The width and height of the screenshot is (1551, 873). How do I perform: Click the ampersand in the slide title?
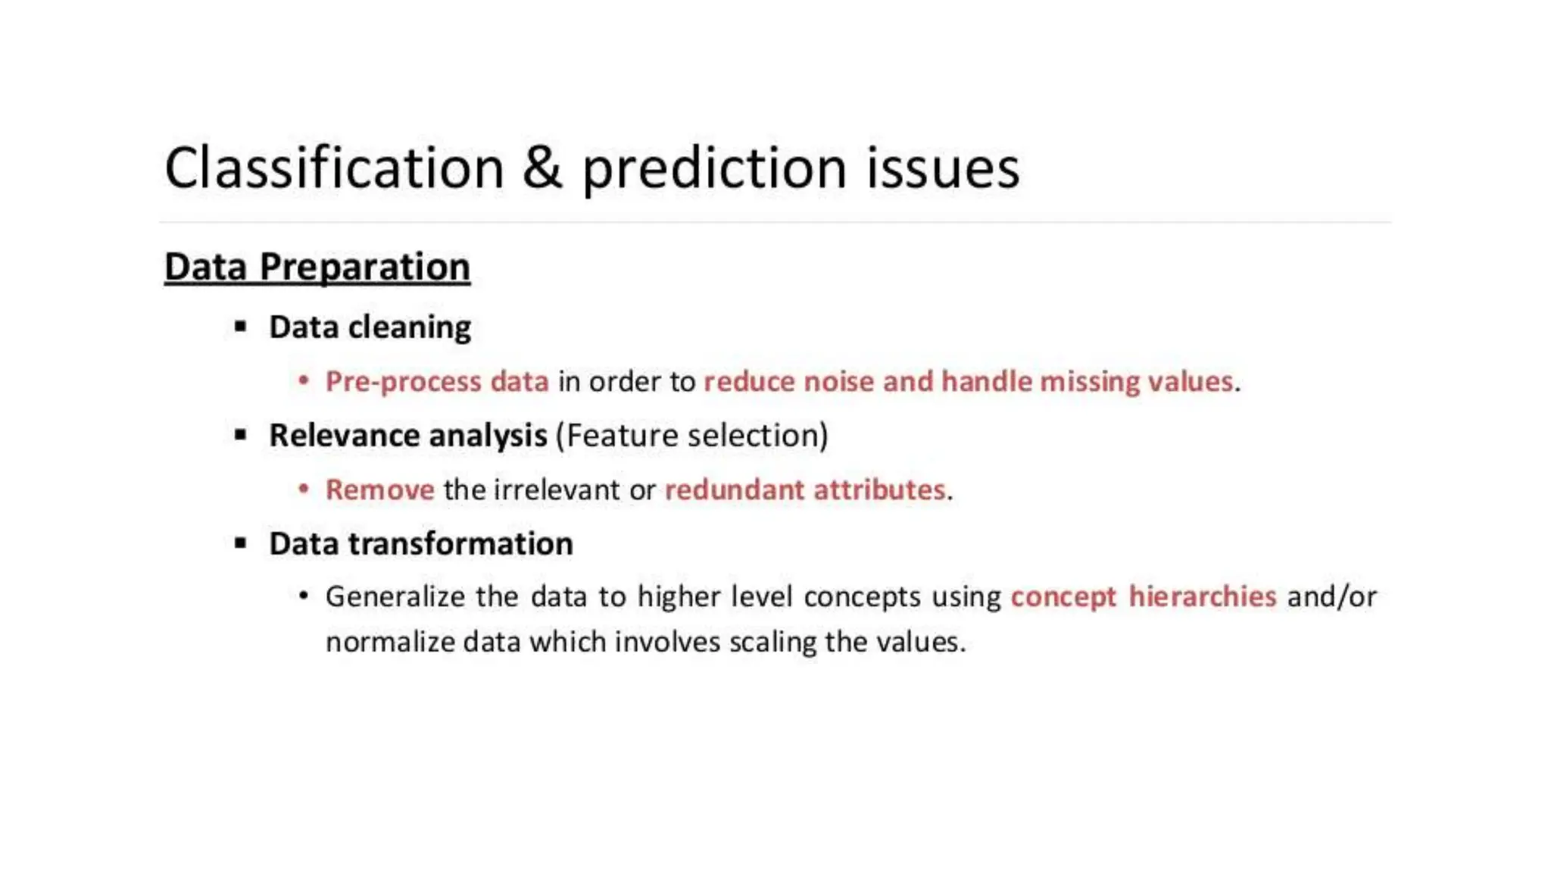[x=542, y=168]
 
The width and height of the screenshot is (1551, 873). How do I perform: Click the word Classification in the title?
[x=334, y=168]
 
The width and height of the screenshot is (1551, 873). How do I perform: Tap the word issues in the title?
[x=943, y=168]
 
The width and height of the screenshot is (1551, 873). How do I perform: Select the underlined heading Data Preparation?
[x=317, y=267]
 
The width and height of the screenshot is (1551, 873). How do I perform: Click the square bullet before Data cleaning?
[x=241, y=327]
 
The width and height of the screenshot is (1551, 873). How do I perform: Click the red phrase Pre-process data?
[x=437, y=381]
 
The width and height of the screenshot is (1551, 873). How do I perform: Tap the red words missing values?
[x=1136, y=381]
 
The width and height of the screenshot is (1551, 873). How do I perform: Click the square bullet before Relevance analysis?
[x=241, y=435]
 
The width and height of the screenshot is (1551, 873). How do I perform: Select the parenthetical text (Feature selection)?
[x=692, y=436]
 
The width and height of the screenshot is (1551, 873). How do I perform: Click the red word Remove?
[x=379, y=490]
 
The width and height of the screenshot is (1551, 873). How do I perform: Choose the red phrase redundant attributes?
[x=805, y=490]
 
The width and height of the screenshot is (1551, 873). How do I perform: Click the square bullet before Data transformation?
[x=241, y=543]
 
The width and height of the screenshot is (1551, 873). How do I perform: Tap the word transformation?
[x=460, y=544]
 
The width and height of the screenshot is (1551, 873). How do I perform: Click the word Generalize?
[x=395, y=597]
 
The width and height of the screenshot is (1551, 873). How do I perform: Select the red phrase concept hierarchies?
[x=1144, y=597]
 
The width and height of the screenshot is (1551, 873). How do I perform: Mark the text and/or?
[x=1331, y=597]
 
